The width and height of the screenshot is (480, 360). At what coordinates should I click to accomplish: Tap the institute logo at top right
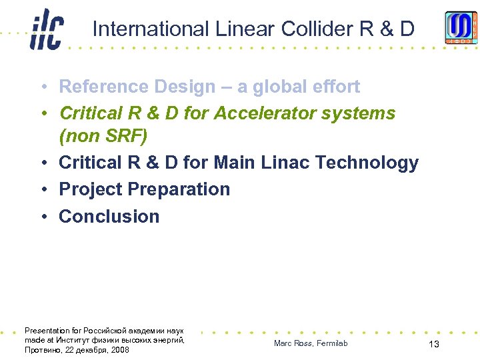461,27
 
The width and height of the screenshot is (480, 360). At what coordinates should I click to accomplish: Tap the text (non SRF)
103,137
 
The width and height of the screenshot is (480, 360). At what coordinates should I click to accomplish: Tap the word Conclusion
109,217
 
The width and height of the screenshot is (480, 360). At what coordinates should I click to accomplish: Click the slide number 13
433,344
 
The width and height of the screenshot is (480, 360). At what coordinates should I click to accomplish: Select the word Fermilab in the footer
332,343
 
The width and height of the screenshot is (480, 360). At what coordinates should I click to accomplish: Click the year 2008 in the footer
120,350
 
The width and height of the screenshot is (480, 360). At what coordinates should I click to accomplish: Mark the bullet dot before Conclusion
42,217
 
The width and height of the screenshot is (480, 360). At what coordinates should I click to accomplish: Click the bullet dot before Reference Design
42,87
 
